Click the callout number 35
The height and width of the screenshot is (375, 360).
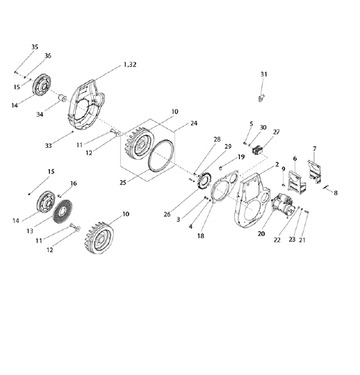tap(35, 47)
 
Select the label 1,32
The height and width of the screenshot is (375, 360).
tap(130, 65)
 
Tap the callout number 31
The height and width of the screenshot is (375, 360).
tap(263, 74)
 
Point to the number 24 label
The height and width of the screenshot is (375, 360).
tap(194, 123)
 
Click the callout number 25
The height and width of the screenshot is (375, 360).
tap(123, 183)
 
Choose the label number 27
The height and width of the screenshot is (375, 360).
tap(276, 132)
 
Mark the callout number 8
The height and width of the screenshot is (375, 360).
tap(336, 193)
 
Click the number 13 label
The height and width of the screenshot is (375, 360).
tap(30, 231)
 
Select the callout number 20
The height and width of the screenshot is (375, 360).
tap(261, 233)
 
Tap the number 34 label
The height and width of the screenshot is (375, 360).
tap(40, 115)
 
